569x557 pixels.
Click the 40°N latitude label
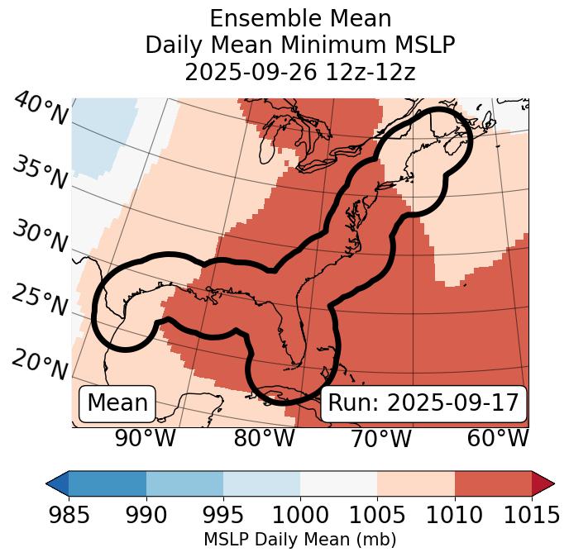pos(41,109)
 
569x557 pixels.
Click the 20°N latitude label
pos(41,364)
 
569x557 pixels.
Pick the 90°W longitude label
pos(146,439)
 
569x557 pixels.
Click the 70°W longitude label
pos(380,439)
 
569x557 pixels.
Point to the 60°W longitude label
pos(498,439)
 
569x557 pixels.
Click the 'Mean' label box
pos(117,403)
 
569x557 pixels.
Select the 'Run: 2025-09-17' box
pos(423,403)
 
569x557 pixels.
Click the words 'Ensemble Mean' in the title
pos(300,18)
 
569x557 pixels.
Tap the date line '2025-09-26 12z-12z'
pos(300,72)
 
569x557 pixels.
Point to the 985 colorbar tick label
pos(69,515)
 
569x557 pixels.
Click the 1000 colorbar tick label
pos(300,515)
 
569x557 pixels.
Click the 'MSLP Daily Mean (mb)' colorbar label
pos(300,540)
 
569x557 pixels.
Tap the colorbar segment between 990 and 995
pos(184,483)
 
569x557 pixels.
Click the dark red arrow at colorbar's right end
pos(543,483)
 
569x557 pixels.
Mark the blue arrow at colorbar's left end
pos(57,483)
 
